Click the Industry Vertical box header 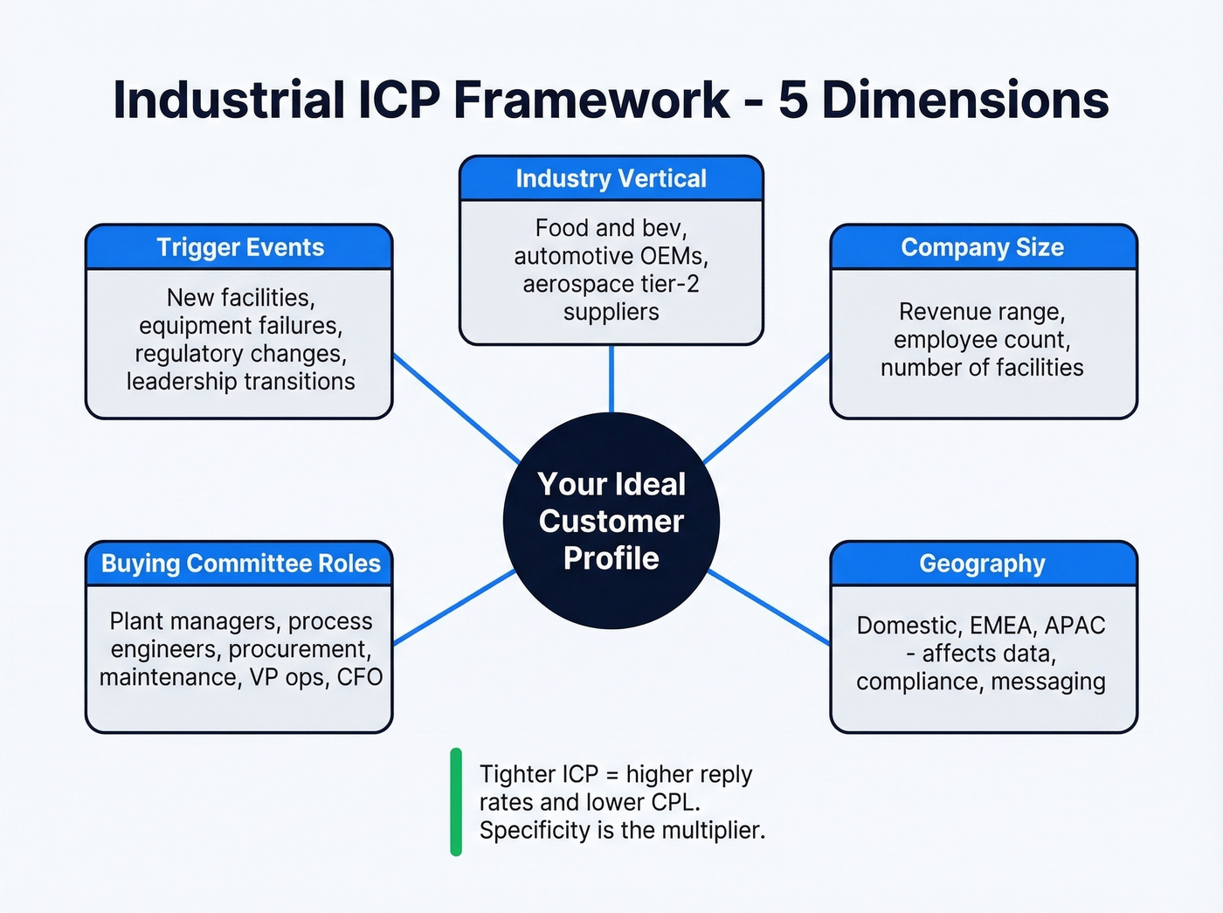click(x=611, y=178)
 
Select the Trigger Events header click(x=239, y=247)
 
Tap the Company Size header click(x=983, y=247)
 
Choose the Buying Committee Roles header click(x=240, y=564)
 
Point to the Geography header click(x=983, y=564)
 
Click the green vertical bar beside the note click(x=455, y=801)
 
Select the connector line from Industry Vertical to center click(x=611, y=378)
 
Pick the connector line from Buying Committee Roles click(x=454, y=608)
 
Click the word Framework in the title click(x=591, y=100)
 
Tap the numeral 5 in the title click(x=791, y=100)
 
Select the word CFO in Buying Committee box click(x=359, y=677)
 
